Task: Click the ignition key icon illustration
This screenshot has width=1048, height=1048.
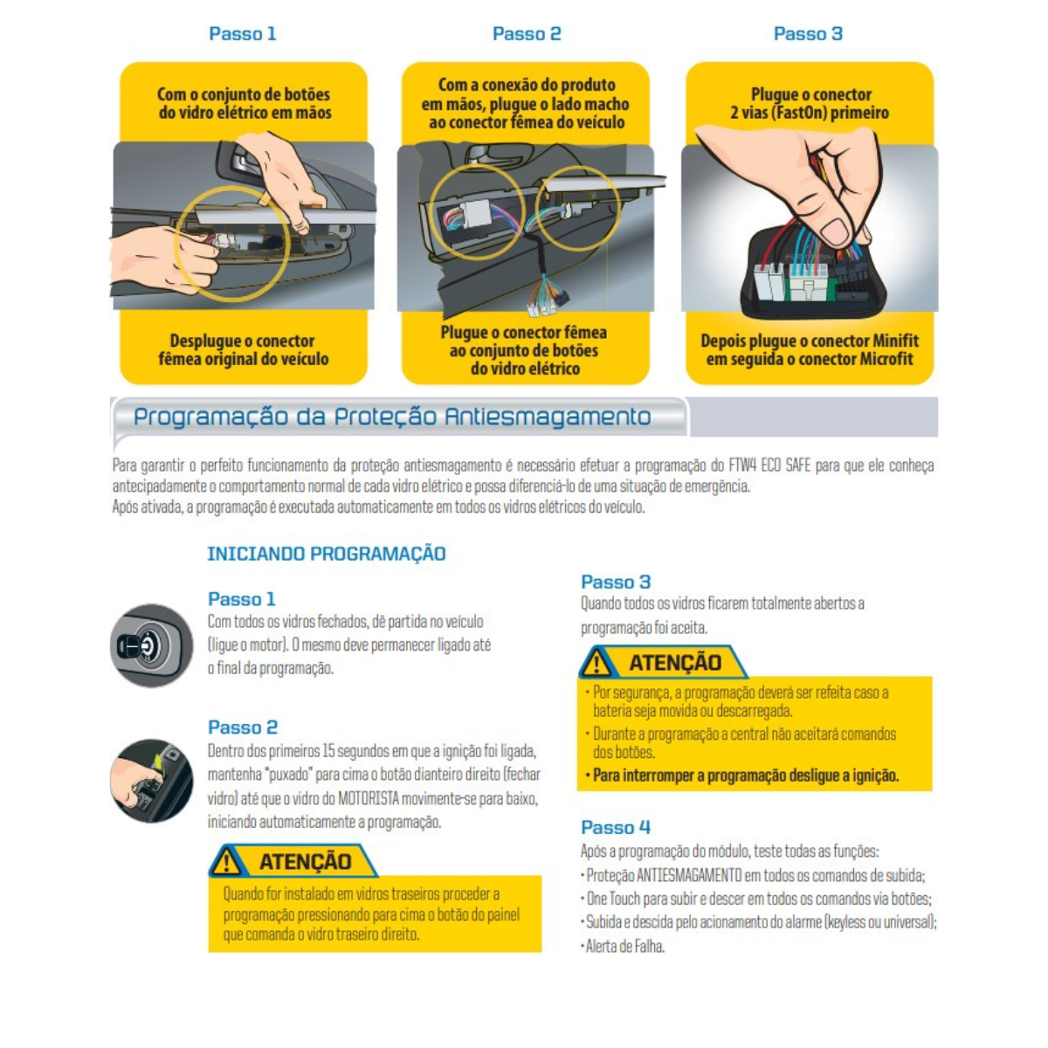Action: click(x=151, y=645)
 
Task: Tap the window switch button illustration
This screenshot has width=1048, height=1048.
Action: click(x=151, y=780)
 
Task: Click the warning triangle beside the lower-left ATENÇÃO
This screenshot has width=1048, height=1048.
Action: click(x=227, y=862)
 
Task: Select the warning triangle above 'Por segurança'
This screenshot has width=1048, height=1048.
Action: click(x=596, y=663)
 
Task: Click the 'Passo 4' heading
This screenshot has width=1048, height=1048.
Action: click(x=615, y=827)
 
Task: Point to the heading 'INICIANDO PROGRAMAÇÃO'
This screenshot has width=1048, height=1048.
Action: click(x=327, y=554)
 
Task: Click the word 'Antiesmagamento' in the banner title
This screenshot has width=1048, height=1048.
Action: click(x=548, y=417)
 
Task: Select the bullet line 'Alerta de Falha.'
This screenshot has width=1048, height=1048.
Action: click(x=623, y=947)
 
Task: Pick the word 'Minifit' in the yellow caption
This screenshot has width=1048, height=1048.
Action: click(x=895, y=341)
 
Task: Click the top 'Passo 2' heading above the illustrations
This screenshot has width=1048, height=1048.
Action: click(x=527, y=34)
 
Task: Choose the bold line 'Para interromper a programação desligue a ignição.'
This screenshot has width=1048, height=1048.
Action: click(x=746, y=775)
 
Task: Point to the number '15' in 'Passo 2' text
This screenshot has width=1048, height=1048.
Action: click(x=328, y=751)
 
